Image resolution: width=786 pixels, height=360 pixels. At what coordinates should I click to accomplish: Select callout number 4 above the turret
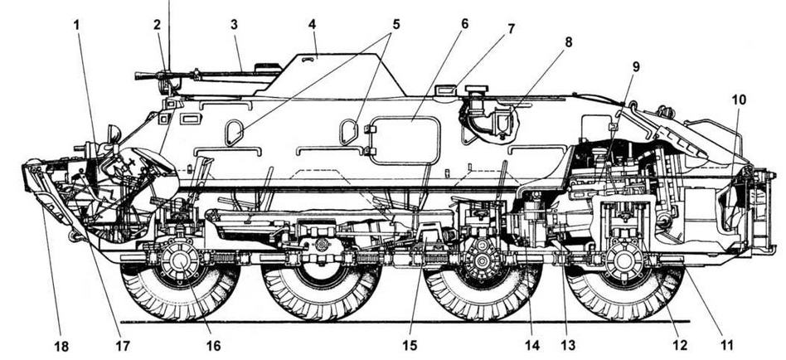tap(312, 24)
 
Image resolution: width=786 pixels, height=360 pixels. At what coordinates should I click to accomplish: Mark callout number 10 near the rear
tap(738, 100)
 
